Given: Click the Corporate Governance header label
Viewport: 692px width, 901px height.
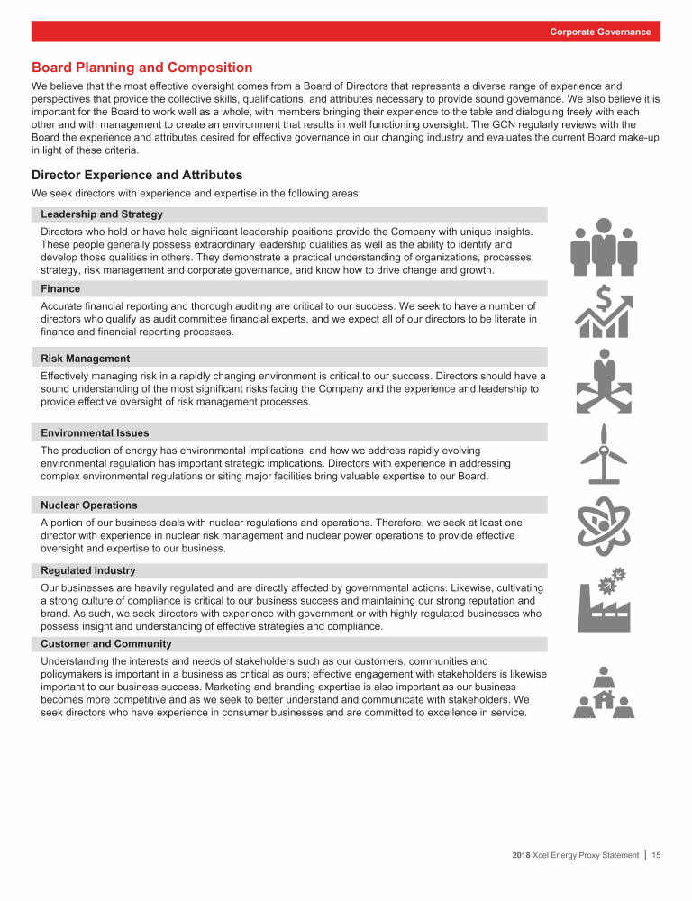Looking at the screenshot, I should (600, 32).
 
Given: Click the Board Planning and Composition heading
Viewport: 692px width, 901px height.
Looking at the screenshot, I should (142, 68).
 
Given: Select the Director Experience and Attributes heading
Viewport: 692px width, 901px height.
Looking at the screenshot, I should (137, 175).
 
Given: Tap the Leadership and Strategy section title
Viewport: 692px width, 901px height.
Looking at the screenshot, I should (102, 214).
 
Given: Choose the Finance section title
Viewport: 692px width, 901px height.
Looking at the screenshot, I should (60, 289).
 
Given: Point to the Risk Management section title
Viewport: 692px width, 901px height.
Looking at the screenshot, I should (86, 359).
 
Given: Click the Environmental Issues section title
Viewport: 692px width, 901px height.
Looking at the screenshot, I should (95, 433).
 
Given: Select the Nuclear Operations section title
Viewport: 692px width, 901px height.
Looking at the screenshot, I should (89, 505).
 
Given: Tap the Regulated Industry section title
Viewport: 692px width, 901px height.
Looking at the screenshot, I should (88, 570).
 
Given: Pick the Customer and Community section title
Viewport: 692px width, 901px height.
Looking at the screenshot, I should (105, 644).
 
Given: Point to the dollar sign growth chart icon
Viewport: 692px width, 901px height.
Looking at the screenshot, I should (605, 312).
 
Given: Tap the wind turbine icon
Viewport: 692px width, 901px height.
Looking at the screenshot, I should (605, 455).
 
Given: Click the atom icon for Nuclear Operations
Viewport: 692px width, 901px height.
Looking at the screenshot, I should (605, 526).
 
